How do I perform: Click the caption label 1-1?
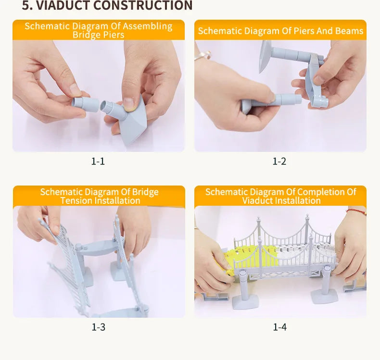tap(98, 161)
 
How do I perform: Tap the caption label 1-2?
tap(279, 161)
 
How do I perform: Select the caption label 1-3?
tap(98, 327)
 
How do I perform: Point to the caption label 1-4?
tap(279, 327)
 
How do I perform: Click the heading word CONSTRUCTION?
tap(142, 6)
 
